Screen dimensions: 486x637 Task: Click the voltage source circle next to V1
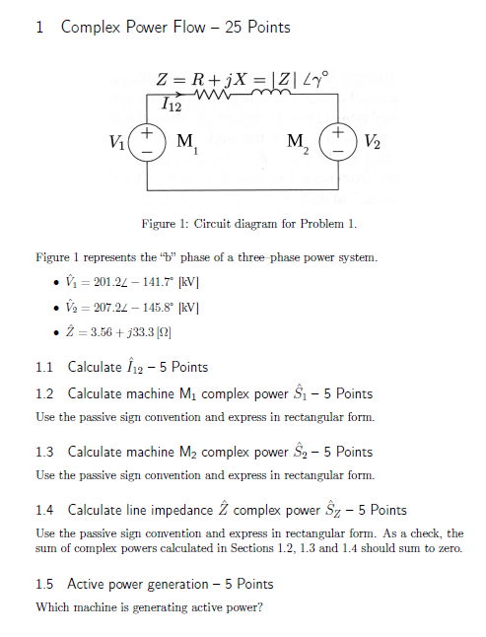(x=146, y=139)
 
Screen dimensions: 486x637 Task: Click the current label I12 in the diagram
(x=172, y=103)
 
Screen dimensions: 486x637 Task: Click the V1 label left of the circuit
(x=120, y=139)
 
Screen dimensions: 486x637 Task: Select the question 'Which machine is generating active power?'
(x=149, y=607)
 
